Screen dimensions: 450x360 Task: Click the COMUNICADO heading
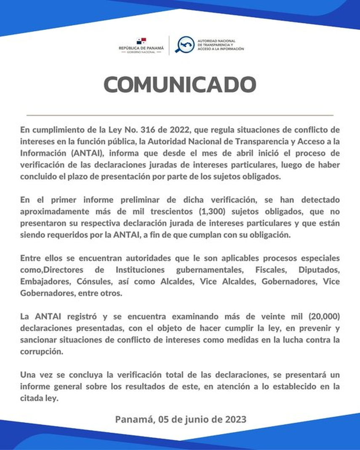[x=180, y=85]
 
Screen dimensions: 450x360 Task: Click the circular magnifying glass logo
[x=184, y=45]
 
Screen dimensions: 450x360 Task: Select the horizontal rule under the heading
[x=180, y=115]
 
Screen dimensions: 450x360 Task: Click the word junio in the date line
[x=198, y=419]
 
